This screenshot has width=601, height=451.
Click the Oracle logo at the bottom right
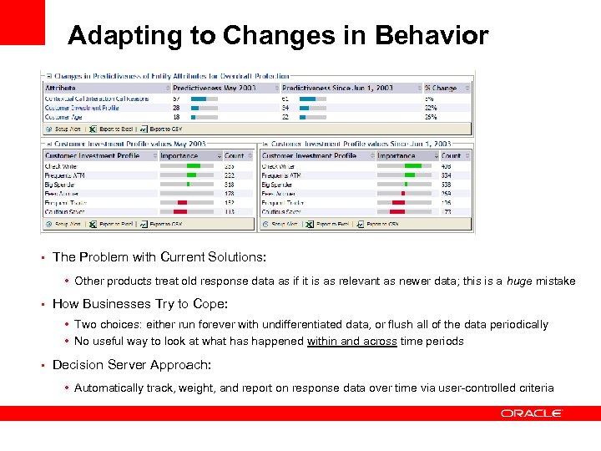tap(532, 413)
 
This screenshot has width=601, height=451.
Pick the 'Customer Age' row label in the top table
tap(65, 117)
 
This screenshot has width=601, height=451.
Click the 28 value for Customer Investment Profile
tap(177, 108)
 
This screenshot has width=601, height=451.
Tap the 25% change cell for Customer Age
tap(431, 117)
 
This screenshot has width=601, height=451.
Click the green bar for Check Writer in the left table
tap(193, 166)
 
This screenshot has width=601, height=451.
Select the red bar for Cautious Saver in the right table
tap(398, 211)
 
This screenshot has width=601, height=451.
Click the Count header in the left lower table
tap(235, 155)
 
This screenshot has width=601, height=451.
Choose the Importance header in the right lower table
tap(396, 155)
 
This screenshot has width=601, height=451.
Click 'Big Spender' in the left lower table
tap(62, 185)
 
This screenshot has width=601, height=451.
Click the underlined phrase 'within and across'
tap(351, 341)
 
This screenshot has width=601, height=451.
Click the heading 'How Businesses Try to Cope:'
tap(129, 304)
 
